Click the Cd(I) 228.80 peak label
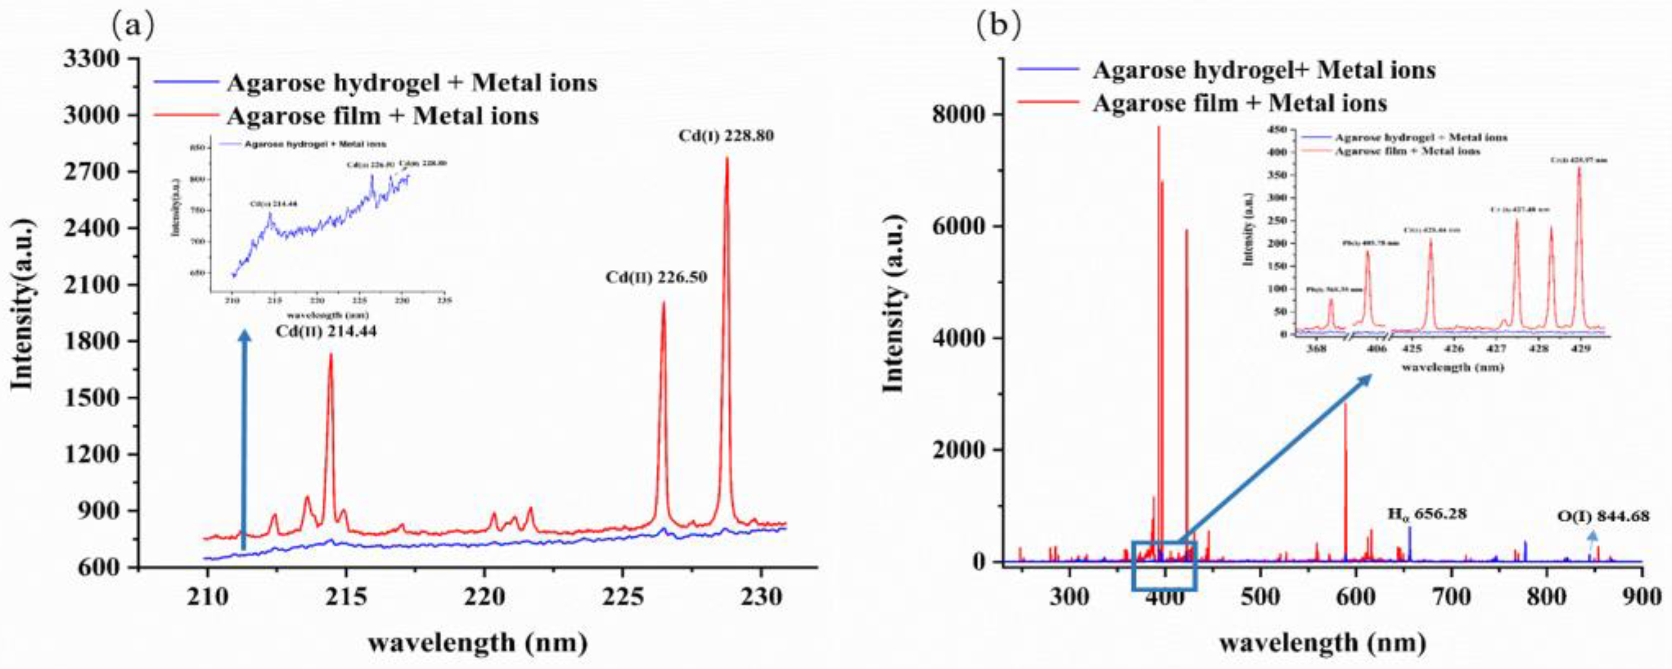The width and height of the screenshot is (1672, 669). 726,137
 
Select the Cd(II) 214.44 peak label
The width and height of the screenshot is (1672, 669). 326,332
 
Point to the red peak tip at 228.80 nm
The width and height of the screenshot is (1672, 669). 726,158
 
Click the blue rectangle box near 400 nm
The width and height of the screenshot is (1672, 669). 1164,565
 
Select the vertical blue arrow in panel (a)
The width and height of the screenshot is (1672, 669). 244,441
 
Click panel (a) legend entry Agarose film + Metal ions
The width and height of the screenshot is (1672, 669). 382,116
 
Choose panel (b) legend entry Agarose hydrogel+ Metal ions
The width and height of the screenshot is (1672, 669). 1263,70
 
